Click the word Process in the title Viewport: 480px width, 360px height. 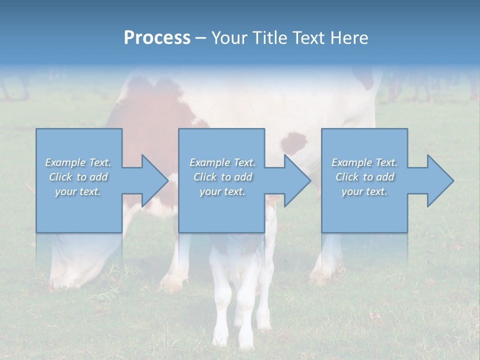(x=157, y=38)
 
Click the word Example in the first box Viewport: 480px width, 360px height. (x=65, y=162)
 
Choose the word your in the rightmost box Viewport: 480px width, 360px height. (x=352, y=191)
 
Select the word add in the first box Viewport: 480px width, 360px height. (x=99, y=177)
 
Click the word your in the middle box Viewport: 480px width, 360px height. (x=210, y=191)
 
